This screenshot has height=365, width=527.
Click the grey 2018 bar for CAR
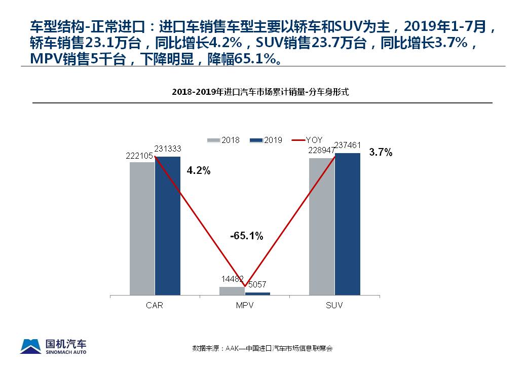142,228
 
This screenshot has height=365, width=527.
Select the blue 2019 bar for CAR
168,226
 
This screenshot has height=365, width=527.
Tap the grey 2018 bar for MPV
232,290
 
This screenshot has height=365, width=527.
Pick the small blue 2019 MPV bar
257,294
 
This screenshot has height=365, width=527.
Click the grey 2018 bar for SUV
322,226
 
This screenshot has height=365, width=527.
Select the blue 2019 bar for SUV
348,224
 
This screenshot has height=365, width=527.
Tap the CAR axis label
155,306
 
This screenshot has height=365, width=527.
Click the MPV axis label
245,306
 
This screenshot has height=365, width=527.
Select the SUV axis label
334,306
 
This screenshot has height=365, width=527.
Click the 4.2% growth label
199,171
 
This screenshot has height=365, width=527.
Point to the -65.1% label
246,236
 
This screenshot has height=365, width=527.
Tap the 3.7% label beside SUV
381,153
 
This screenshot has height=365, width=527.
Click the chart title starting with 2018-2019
260,92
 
